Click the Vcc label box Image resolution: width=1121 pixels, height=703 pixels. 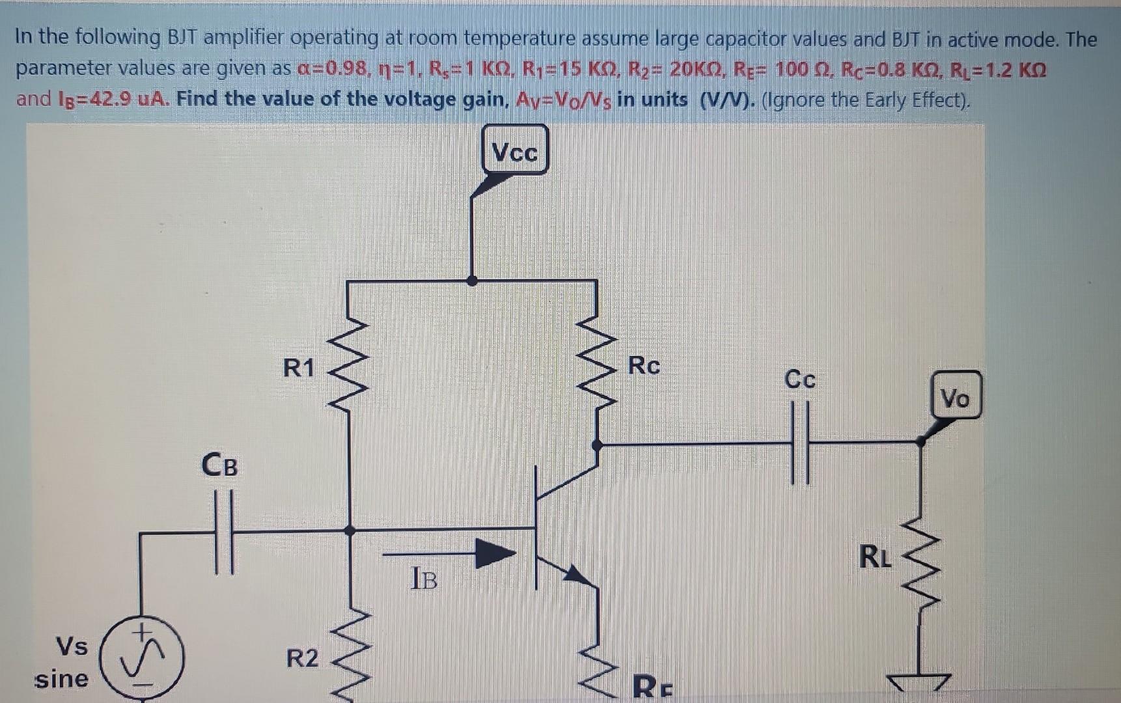515,151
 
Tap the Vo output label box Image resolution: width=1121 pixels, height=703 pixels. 955,396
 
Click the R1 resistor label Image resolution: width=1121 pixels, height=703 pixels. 299,368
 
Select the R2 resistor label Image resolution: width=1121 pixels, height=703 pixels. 302,658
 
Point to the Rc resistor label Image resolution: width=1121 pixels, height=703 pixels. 644,365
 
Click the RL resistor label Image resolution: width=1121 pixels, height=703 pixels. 875,557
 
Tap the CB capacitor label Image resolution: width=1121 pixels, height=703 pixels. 219,465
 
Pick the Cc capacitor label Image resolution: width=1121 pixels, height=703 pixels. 799,379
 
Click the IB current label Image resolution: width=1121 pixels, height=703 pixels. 424,578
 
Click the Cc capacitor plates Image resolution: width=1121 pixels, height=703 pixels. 800,443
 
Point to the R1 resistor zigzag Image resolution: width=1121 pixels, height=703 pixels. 350,365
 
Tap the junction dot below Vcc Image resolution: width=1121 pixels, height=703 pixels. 473,281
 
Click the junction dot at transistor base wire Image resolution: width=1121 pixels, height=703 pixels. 350,531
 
